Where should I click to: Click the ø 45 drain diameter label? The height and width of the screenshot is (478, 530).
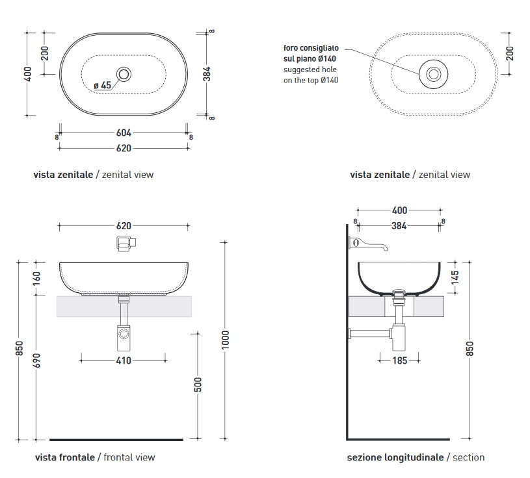[x=103, y=86]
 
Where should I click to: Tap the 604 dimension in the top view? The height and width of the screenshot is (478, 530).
[x=124, y=133]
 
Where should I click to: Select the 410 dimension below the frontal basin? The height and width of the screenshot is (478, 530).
[x=124, y=360]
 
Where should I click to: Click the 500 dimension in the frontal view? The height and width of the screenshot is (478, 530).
[x=198, y=384]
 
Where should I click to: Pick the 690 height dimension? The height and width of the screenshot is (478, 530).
[x=36, y=362]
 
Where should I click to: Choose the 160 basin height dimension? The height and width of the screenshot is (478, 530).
[x=36, y=279]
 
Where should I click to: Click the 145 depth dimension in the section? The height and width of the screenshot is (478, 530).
[x=455, y=277]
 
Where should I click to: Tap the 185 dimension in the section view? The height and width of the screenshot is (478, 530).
[x=400, y=360]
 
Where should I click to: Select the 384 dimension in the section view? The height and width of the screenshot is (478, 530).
[x=399, y=227]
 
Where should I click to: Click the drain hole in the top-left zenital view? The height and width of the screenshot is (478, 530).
[x=124, y=74]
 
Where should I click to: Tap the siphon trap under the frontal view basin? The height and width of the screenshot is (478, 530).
[x=123, y=336]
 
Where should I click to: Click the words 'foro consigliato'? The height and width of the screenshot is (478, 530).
[x=310, y=48]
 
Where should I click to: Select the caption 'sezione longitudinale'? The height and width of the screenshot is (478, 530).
[x=395, y=457]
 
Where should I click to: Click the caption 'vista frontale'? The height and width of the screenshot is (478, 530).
[x=64, y=457]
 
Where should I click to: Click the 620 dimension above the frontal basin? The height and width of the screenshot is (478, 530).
[x=124, y=226]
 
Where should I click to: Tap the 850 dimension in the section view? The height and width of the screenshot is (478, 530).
[x=470, y=349]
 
